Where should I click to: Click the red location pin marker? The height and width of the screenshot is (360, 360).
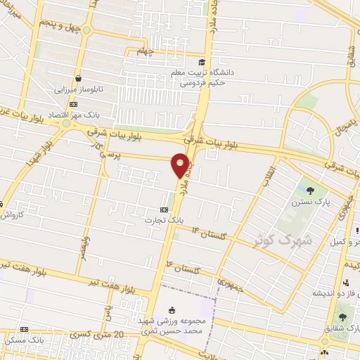[x=181, y=165]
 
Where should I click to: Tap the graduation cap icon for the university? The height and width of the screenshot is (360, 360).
[x=202, y=62]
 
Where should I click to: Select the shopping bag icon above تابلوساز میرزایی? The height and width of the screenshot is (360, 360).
[x=79, y=78]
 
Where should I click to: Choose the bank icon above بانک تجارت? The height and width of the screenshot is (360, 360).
[x=165, y=209]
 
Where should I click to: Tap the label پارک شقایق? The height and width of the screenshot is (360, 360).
[x=337, y=326]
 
